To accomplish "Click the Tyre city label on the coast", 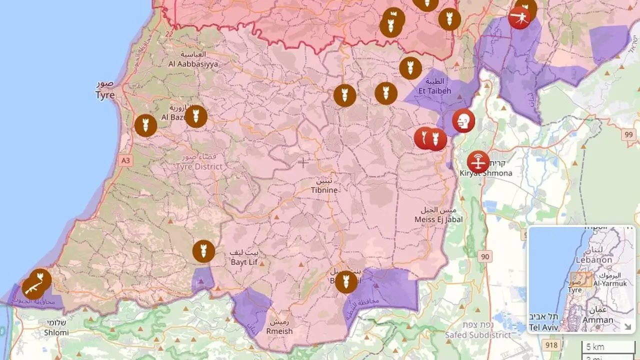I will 105,94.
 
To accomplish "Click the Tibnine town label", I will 324,190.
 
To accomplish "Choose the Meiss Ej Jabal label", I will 438,219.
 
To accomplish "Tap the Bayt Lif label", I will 244,261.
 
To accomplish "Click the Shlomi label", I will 56,332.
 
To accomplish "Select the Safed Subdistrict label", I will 478,335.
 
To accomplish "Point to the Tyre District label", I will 199,166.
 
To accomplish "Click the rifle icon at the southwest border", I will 32,288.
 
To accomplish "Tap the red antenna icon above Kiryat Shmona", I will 478,162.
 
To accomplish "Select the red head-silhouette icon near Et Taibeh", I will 463,121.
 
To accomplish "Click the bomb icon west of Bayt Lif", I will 203,251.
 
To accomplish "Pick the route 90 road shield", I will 484,256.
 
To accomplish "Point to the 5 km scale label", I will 595,346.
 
